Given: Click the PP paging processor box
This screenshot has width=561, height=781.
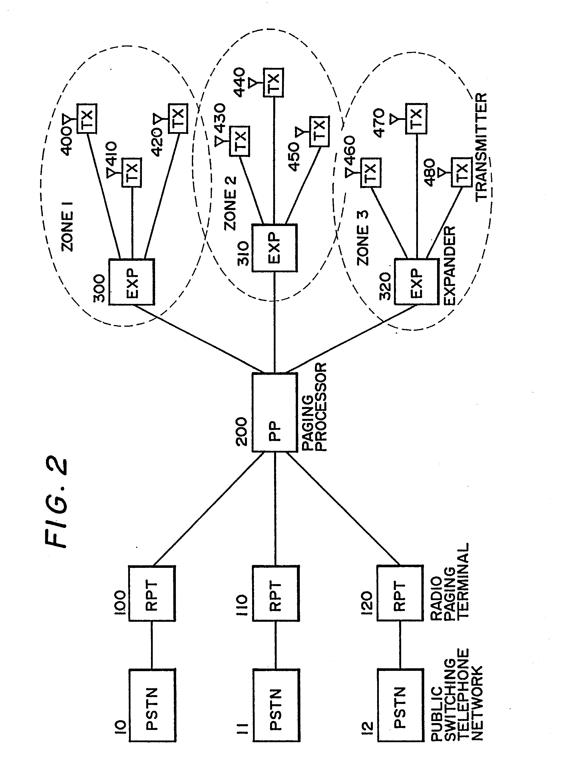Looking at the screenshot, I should click(274, 412).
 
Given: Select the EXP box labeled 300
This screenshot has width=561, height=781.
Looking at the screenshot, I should click(132, 282).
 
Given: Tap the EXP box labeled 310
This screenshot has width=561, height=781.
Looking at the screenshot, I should click(274, 248).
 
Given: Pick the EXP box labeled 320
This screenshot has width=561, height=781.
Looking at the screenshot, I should click(416, 282).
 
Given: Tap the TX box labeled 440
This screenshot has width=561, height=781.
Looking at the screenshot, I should click(274, 82).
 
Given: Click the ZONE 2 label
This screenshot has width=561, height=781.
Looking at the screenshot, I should click(230, 203).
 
